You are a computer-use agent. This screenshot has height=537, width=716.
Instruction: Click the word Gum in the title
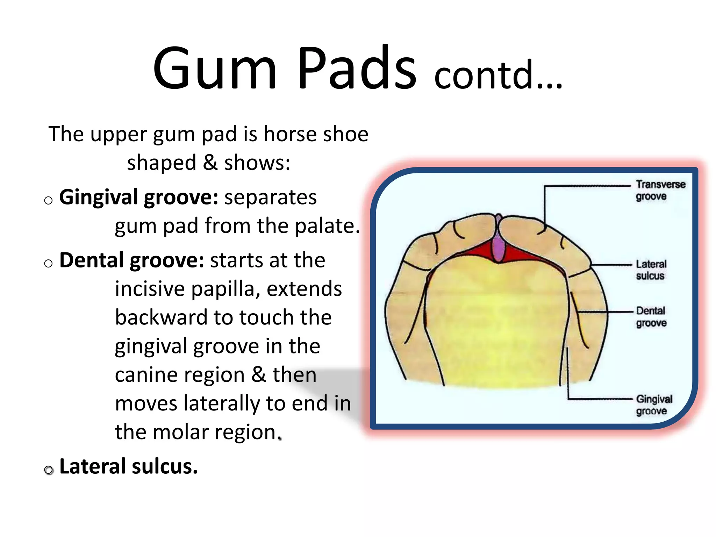[215, 68]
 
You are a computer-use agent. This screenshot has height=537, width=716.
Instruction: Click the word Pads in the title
[357, 68]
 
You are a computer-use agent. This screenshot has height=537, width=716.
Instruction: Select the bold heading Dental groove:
[131, 260]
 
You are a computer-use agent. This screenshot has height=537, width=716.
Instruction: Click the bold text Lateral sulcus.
[128, 467]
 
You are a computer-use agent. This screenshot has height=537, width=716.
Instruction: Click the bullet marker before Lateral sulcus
[49, 470]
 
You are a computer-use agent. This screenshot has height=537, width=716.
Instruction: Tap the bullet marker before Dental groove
[49, 263]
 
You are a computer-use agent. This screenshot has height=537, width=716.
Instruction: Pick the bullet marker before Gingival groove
[49, 200]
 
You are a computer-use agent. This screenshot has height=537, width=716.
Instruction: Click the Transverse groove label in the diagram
[660, 190]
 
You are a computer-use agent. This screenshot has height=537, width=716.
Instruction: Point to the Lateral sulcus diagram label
[651, 270]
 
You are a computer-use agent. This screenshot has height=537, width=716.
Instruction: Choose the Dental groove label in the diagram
[651, 317]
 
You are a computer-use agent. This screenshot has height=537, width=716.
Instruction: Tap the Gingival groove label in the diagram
[654, 405]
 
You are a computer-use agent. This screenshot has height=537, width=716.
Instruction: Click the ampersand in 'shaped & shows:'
[210, 163]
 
